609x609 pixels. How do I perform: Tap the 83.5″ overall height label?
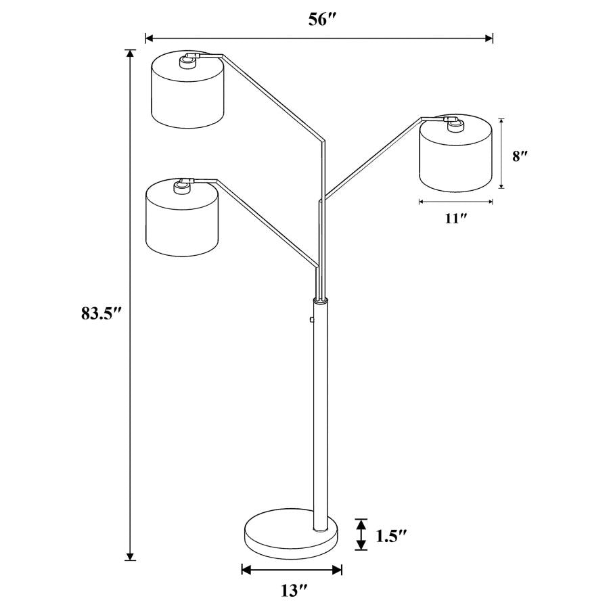[x=101, y=313]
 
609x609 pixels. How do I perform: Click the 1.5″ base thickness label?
[x=391, y=536]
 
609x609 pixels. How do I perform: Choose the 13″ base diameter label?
[x=290, y=591]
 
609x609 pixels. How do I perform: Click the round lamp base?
[x=292, y=535]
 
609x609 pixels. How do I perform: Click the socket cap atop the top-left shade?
[x=186, y=62]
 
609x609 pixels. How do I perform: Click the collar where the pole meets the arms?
[x=320, y=299]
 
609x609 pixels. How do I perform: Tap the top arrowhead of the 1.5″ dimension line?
[x=362, y=522]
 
